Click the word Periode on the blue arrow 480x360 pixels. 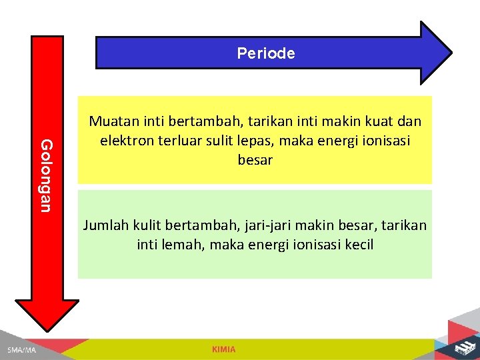(x=265, y=53)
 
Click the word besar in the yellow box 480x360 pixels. (x=255, y=161)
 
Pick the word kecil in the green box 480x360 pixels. (x=359, y=245)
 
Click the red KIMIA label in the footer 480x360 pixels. (x=223, y=349)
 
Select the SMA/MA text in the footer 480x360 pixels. (x=21, y=350)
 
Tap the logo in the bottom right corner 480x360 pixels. (x=461, y=348)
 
